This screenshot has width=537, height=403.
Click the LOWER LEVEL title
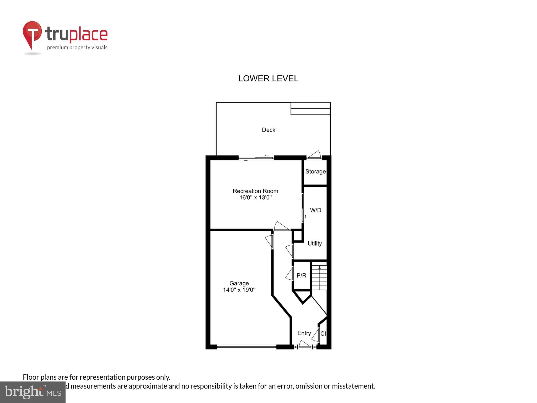[x=268, y=78]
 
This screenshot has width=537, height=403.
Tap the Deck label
[x=268, y=130]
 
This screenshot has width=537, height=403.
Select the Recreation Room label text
[x=255, y=191]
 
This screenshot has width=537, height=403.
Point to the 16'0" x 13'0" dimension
[x=255, y=198]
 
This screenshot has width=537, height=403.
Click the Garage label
[x=239, y=283]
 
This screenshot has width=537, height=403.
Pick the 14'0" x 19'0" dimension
[x=239, y=290]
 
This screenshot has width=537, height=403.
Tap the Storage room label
[x=315, y=172]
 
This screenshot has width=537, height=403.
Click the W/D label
[x=315, y=210]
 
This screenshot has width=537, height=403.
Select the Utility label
[x=315, y=243]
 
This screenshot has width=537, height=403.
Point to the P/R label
[x=301, y=275]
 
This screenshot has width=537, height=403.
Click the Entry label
[x=304, y=333]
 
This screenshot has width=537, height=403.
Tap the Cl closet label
[x=323, y=334]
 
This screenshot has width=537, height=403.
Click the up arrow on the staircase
[x=319, y=268]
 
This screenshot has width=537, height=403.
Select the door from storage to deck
[x=314, y=155]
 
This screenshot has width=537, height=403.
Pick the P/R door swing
[x=289, y=274]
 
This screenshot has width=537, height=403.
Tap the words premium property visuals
[x=77, y=47]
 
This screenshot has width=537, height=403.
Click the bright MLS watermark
[x=33, y=392]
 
